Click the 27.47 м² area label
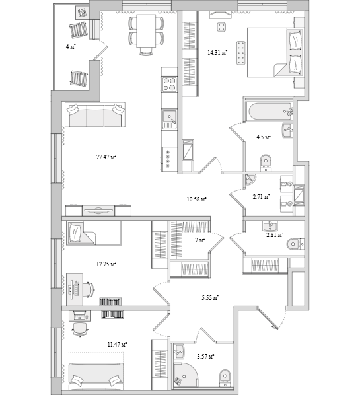point(106,157)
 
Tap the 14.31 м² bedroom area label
point(217,53)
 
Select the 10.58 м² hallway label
point(196,199)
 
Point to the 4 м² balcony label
point(71,47)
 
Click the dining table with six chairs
point(146,34)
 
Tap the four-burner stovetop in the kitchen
point(169,85)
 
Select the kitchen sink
point(169,120)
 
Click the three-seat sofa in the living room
point(95,115)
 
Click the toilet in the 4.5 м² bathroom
point(266,162)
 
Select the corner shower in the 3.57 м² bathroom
point(185,374)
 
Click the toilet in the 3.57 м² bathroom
point(225,377)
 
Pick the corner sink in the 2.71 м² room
point(250,179)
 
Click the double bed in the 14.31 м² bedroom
point(275,52)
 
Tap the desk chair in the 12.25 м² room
point(89,290)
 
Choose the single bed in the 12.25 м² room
point(93,233)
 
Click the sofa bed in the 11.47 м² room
point(96,376)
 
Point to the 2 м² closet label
point(199,240)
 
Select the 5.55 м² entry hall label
point(210,298)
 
